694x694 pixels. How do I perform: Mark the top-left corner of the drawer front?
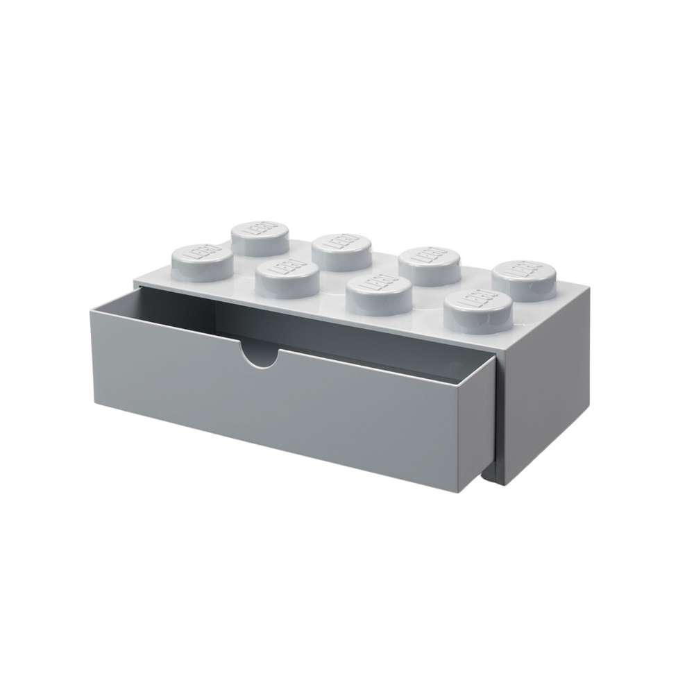[x=90, y=311]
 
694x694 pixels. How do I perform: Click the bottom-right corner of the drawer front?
[x=480, y=491]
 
